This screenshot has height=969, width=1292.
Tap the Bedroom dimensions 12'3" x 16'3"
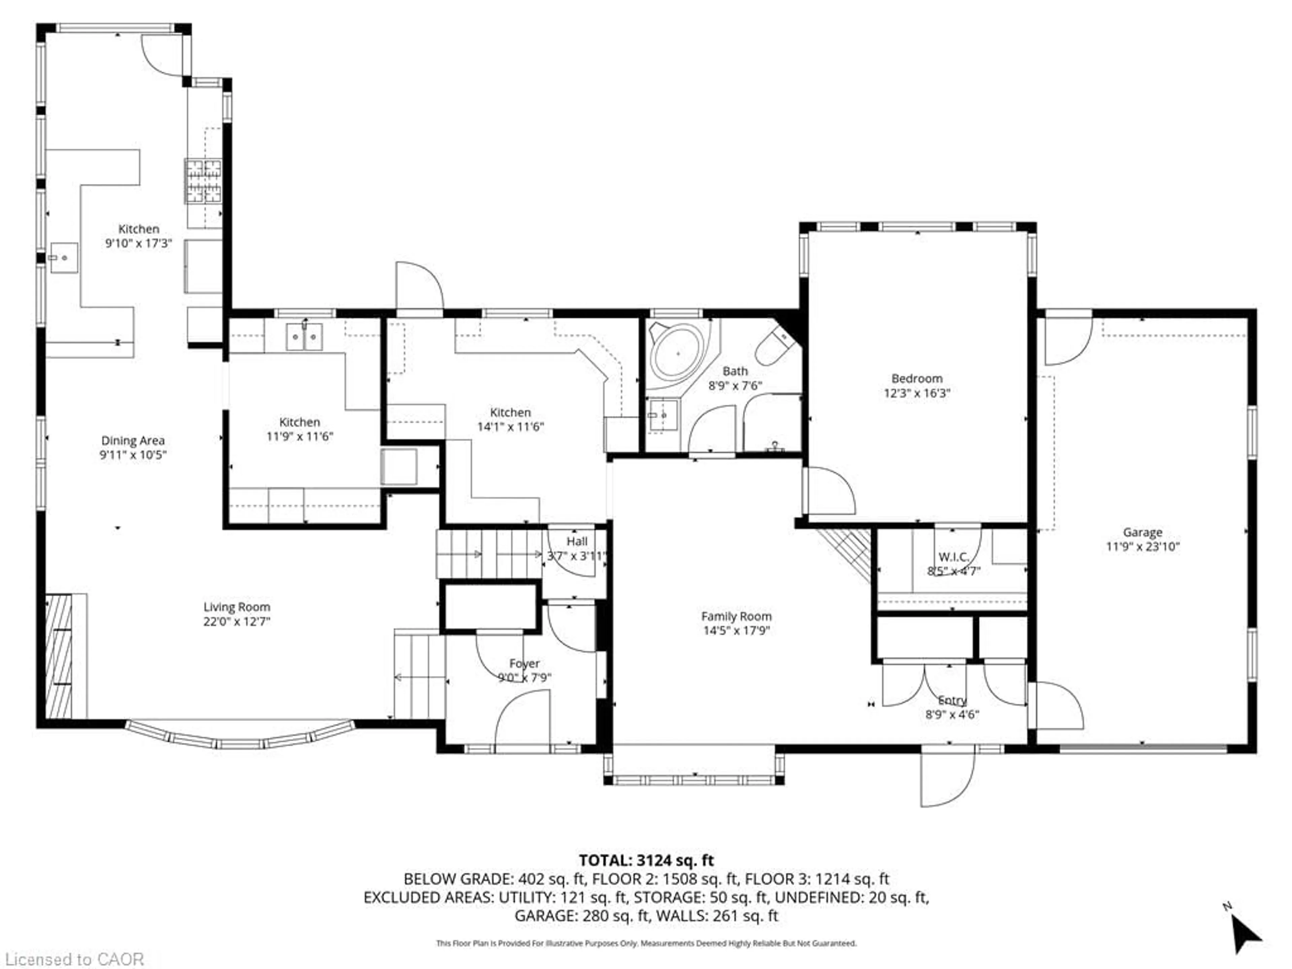917,393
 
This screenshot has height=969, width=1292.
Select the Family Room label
736,616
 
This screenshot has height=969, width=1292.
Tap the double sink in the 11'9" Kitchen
304,337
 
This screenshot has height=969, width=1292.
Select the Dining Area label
133,440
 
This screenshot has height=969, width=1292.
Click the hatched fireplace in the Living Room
59,656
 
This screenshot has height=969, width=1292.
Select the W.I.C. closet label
953,557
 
